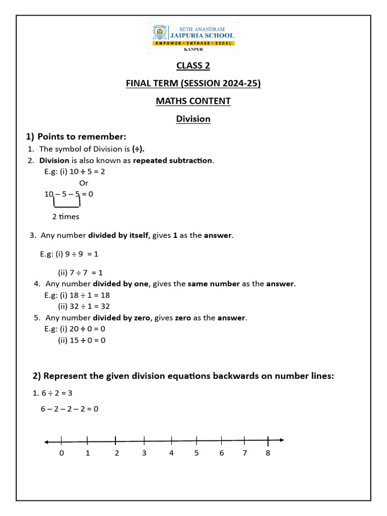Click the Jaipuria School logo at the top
pyautogui.click(x=193, y=38)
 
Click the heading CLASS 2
pyautogui.click(x=193, y=66)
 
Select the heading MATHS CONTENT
pyautogui.click(x=193, y=101)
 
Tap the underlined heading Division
pyautogui.click(x=193, y=119)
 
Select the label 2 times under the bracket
pyautogui.click(x=66, y=217)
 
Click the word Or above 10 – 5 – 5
pyautogui.click(x=84, y=183)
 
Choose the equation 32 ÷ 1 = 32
pyautogui.click(x=90, y=306)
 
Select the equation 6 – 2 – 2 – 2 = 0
pyautogui.click(x=70, y=409)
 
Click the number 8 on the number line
pyautogui.click(x=268, y=453)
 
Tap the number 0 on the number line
pyautogui.click(x=61, y=453)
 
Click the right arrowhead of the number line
pyautogui.click(x=281, y=440)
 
